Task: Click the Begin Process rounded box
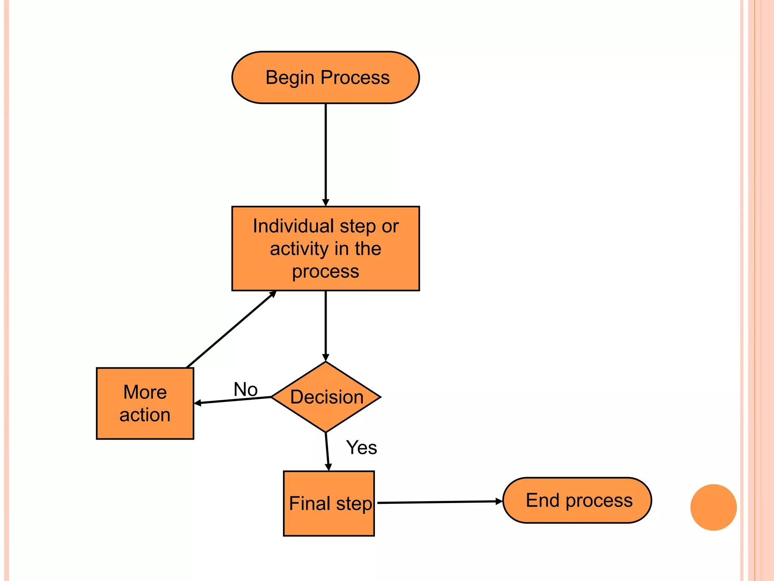click(x=325, y=78)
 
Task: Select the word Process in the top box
click(x=355, y=78)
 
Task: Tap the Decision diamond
click(x=326, y=397)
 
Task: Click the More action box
click(x=145, y=403)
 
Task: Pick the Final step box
click(x=329, y=503)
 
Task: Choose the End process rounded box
click(x=577, y=500)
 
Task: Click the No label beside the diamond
click(x=246, y=389)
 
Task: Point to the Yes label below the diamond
click(x=361, y=447)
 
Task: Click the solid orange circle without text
click(x=713, y=507)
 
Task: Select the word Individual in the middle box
click(x=293, y=226)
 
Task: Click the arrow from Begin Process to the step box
click(x=325, y=155)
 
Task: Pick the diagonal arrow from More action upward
click(x=231, y=329)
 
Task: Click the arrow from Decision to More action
click(x=233, y=400)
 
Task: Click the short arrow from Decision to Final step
click(x=327, y=452)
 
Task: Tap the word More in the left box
click(x=145, y=392)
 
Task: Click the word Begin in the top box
click(x=290, y=78)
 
